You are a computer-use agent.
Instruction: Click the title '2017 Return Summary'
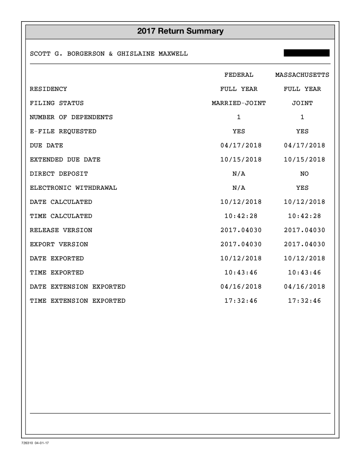click(180, 31)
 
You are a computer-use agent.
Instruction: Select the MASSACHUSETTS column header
click(302, 75)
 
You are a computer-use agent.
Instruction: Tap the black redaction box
click(307, 53)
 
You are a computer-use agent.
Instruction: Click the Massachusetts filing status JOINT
click(302, 103)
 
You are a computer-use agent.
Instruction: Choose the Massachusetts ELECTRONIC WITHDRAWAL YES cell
click(302, 188)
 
